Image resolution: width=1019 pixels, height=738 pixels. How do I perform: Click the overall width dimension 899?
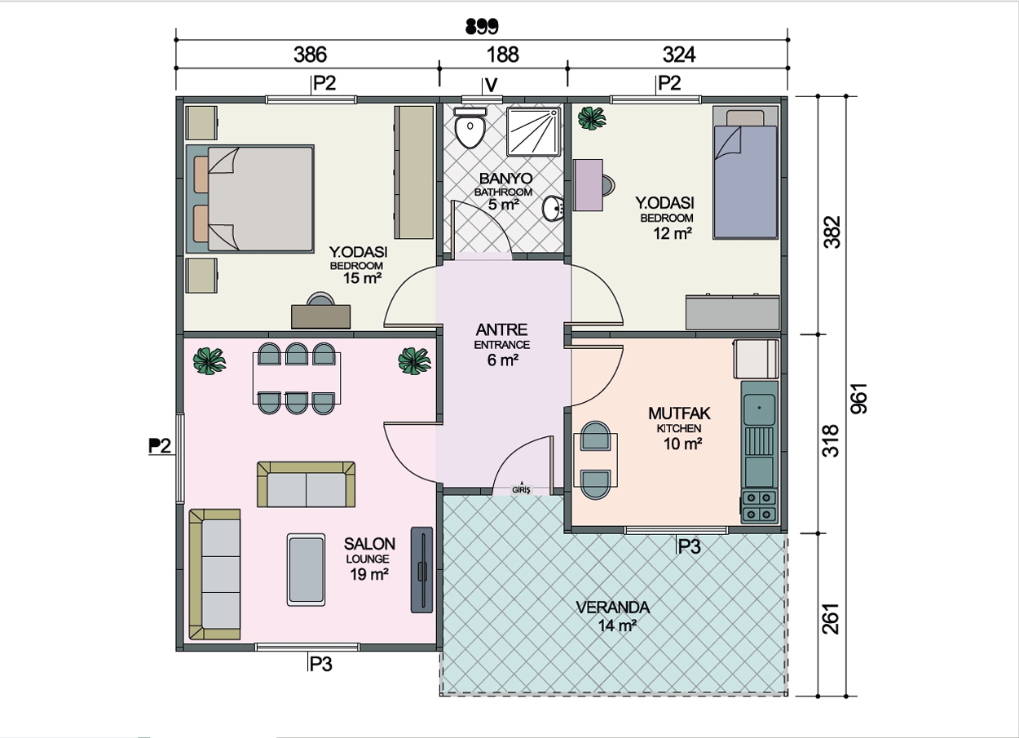coord(482,26)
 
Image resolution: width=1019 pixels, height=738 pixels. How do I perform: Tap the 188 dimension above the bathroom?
coord(503,55)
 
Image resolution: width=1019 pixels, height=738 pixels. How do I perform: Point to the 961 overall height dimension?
coord(859,399)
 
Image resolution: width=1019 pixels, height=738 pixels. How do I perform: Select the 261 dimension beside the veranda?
coord(830,618)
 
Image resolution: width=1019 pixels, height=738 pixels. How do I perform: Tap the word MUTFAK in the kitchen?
coord(679,413)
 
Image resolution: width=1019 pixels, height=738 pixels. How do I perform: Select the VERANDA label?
coord(613,608)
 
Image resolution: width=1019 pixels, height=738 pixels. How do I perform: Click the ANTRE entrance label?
coord(502,329)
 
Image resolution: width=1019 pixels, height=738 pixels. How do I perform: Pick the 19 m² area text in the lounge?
coord(369,574)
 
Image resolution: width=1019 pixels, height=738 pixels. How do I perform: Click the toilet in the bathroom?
coord(470,127)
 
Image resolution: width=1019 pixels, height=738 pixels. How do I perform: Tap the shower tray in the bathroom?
coord(534,131)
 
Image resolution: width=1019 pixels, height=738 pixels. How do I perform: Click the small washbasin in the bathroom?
coord(554,209)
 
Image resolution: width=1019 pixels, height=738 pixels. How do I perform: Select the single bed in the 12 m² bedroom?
coord(745,172)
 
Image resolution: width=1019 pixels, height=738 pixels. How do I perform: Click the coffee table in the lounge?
coord(306,570)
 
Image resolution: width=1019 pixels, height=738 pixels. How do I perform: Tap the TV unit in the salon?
coord(421,570)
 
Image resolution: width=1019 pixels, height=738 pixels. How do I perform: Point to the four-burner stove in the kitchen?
coord(759,506)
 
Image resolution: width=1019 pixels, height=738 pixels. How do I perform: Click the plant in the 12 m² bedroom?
coord(591,118)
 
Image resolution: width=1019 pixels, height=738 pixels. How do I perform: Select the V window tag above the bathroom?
coord(492,85)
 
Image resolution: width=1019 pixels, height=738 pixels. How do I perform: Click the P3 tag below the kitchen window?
coord(689,546)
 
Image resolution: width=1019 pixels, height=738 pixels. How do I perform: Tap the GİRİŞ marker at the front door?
coord(522,490)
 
